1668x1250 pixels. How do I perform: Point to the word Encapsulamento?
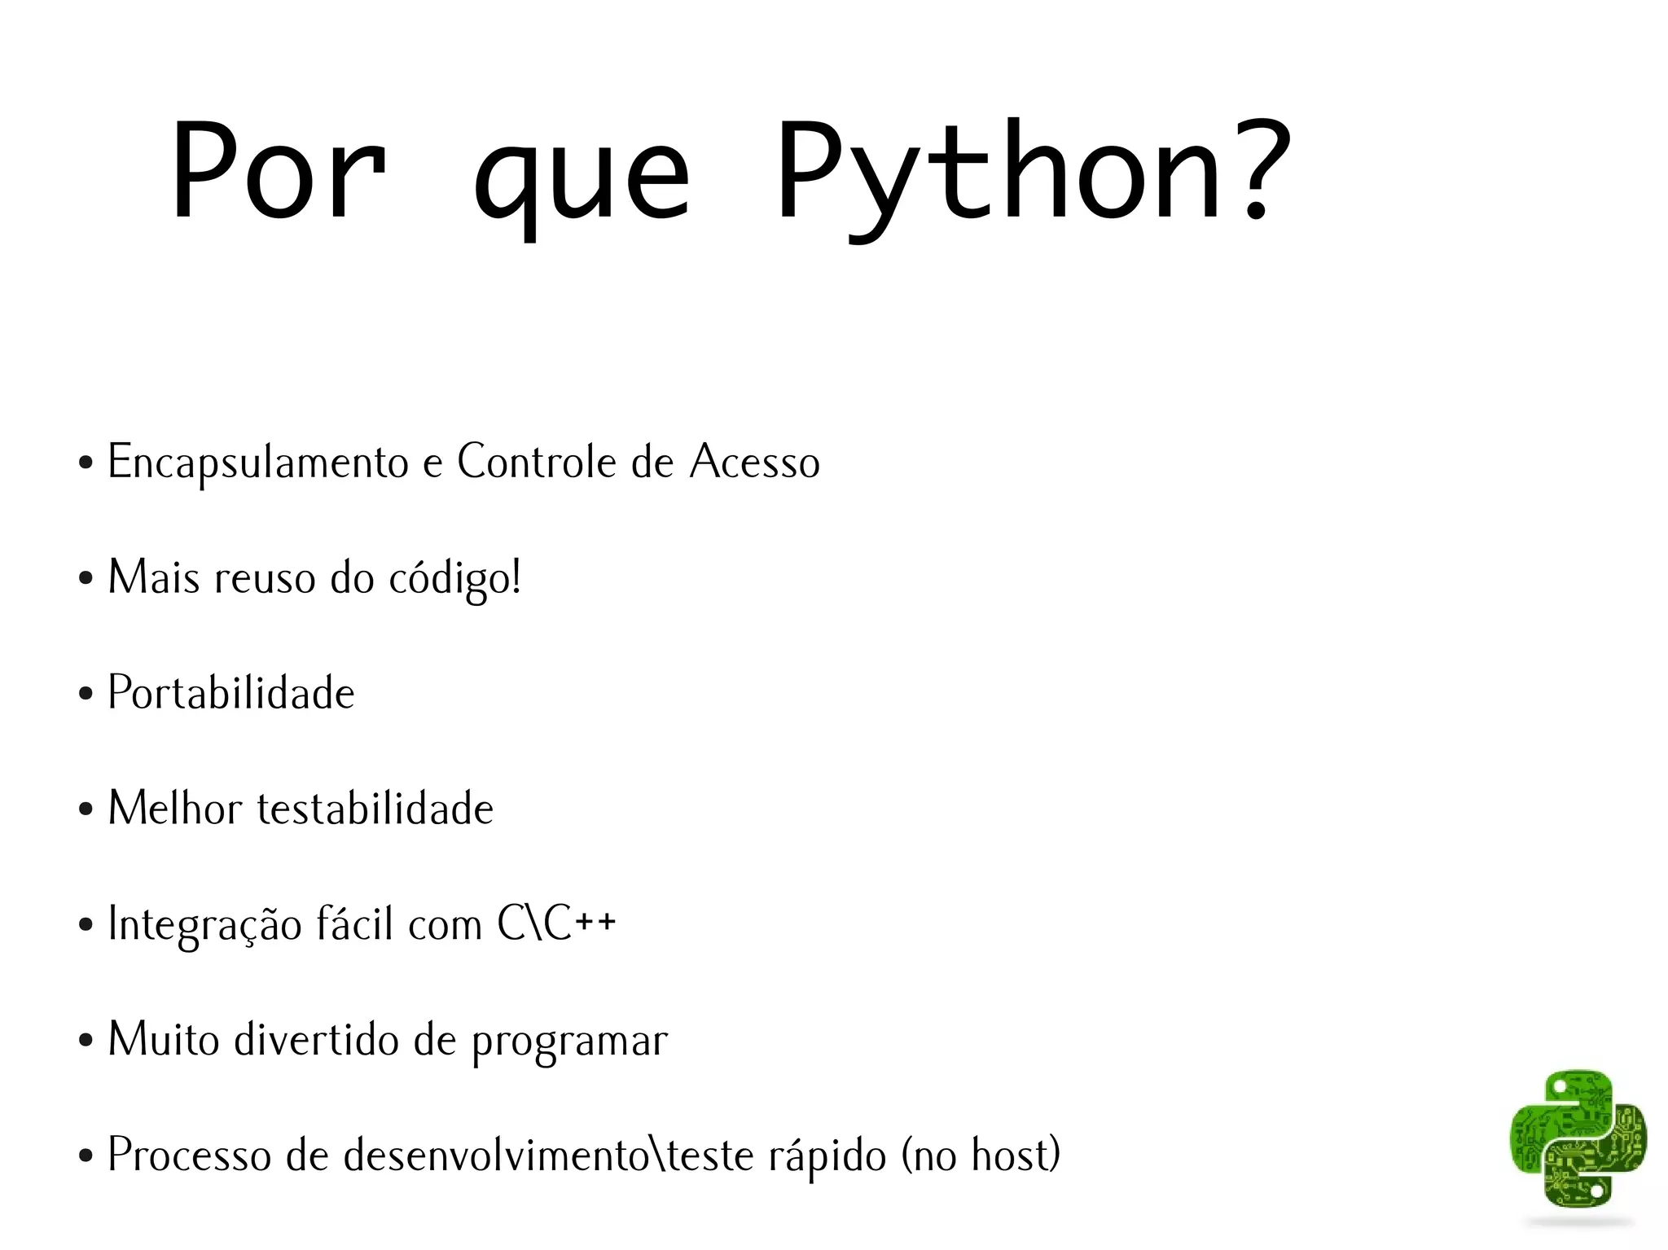pos(258,463)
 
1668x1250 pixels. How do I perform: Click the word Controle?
pos(538,462)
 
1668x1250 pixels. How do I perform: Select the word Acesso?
pos(755,462)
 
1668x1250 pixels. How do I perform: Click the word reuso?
pos(264,578)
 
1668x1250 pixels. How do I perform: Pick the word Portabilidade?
pos(231,693)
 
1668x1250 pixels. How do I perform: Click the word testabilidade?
pos(375,809)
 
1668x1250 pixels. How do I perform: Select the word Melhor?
pos(175,809)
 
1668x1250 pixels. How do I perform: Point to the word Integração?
pos(204,924)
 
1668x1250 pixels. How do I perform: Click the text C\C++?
pos(557,923)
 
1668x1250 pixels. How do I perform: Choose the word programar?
pos(569,1041)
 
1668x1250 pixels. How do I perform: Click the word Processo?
pos(189,1155)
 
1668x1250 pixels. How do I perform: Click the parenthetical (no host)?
pos(981,1155)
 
